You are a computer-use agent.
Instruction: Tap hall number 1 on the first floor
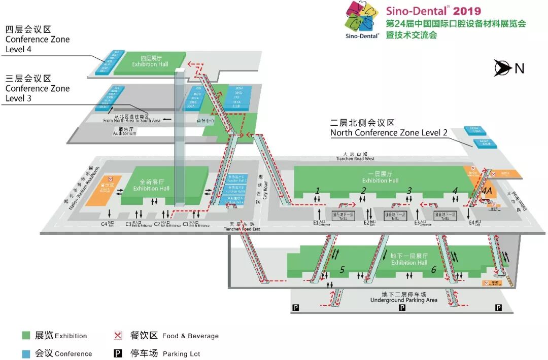[x=318, y=191]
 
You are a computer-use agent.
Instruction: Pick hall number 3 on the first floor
[x=409, y=191]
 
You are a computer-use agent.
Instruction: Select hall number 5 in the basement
[x=342, y=270]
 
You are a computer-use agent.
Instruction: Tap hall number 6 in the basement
[x=433, y=270]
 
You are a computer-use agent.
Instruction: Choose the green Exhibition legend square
[x=26, y=335]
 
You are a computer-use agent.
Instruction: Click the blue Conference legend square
[x=26, y=353]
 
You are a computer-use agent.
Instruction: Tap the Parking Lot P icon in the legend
[x=118, y=353]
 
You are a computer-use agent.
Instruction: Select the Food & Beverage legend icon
[x=118, y=335]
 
